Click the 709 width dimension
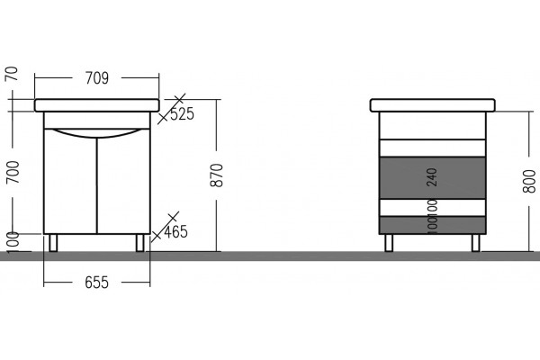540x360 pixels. pos(97,78)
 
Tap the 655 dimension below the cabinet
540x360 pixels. pos(97,283)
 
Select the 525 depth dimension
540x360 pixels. pos(182,114)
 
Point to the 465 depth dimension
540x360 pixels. pos(175,231)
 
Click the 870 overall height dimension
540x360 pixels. pos(217,175)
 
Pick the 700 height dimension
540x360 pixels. pos(13,172)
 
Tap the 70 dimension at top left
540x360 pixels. pos(12,74)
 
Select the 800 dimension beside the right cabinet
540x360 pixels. pos(529,181)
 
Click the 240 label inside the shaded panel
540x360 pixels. pos(432,177)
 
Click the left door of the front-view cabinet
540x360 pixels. pos(70,182)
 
